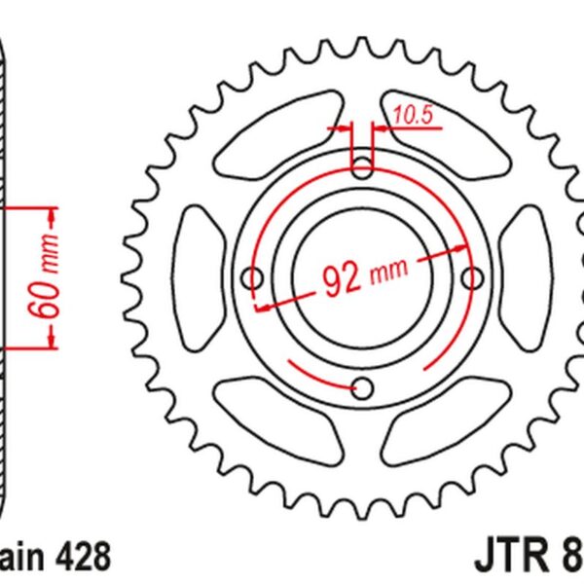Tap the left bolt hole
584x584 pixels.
click(254, 279)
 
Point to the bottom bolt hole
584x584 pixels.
click(363, 388)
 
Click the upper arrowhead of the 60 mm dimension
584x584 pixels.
click(51, 209)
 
